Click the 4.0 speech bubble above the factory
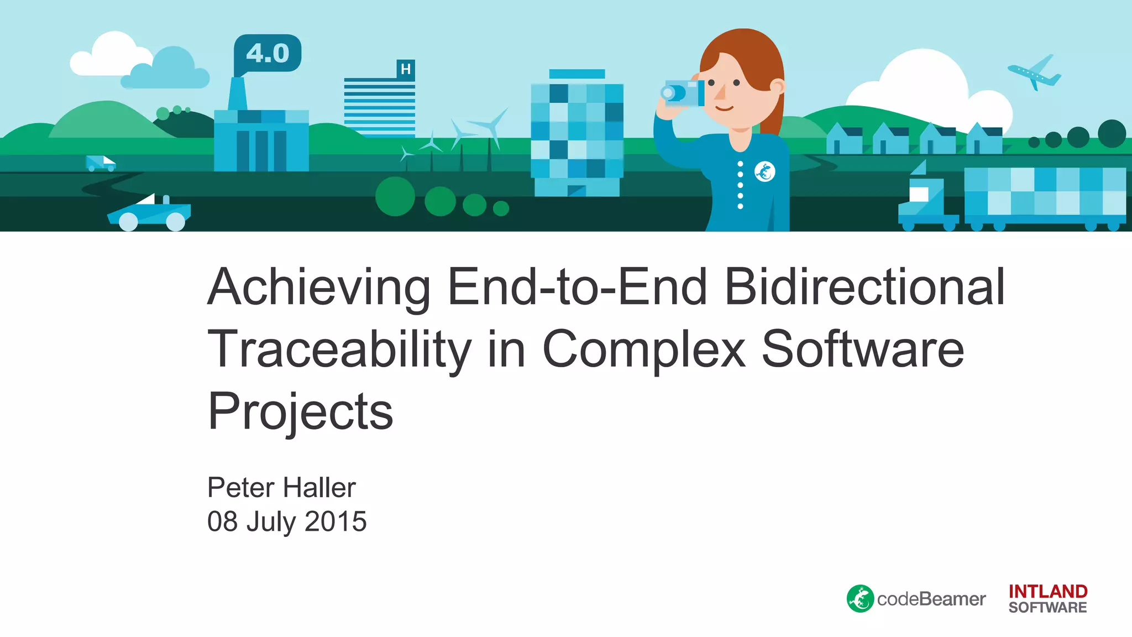tap(268, 53)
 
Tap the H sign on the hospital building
tap(406, 70)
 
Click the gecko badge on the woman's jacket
tap(765, 172)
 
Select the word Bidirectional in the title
tap(864, 288)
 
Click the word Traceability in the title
tap(339, 349)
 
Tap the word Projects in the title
tap(300, 412)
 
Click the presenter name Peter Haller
tap(281, 488)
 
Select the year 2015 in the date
tap(336, 521)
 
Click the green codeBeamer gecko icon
tap(860, 599)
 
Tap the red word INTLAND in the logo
tap(1048, 591)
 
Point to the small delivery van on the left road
tap(100, 163)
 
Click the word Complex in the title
tap(644, 349)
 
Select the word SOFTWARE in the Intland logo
tap(1048, 608)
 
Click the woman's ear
tap(777, 87)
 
